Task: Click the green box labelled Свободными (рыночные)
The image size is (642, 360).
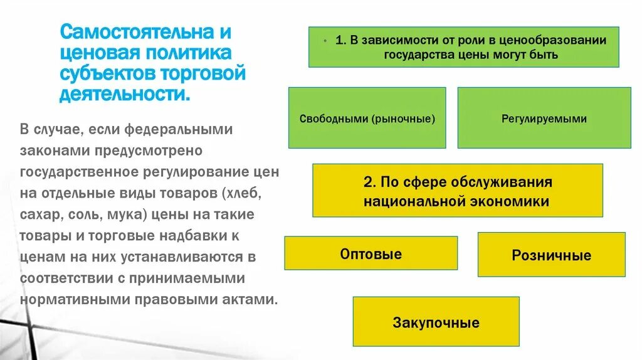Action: click(x=367, y=118)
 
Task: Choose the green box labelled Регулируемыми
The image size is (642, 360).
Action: click(x=544, y=118)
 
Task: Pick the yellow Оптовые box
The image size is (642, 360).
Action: click(x=371, y=253)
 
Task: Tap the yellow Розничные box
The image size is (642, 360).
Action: click(x=551, y=255)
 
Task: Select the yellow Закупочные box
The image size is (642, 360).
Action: click(x=436, y=322)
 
